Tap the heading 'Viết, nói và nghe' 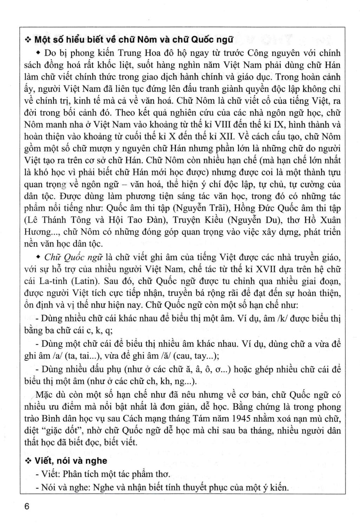pos(71,461)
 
